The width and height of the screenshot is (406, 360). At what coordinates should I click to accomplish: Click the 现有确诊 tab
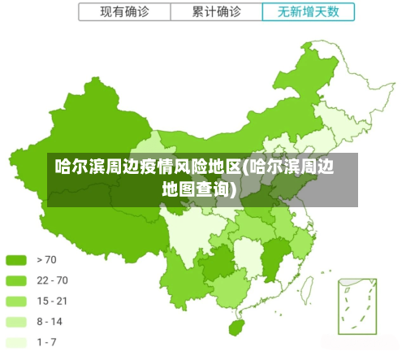click(x=124, y=12)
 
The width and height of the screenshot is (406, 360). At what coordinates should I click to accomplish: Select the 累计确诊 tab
click(x=216, y=12)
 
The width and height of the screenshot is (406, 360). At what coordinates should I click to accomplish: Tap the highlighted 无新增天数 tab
click(x=309, y=12)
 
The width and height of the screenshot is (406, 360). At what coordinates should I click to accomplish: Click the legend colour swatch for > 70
click(x=17, y=260)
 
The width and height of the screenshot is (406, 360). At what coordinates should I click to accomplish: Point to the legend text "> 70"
click(x=47, y=260)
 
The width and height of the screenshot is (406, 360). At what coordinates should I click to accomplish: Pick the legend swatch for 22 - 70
click(x=17, y=280)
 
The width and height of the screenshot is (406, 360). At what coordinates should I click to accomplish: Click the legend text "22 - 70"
click(x=52, y=280)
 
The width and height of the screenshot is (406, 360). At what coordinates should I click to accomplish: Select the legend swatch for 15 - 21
click(x=17, y=301)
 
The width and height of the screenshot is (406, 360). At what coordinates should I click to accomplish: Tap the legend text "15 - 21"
click(x=52, y=301)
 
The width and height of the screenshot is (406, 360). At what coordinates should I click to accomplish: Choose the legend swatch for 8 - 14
click(x=17, y=321)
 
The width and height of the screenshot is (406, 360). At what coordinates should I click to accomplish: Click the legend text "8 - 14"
click(x=50, y=321)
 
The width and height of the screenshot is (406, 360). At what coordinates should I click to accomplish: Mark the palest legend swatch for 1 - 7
click(x=17, y=341)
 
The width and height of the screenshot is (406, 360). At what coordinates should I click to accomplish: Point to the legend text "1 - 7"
click(x=47, y=341)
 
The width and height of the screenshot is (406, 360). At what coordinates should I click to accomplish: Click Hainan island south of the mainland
click(x=236, y=327)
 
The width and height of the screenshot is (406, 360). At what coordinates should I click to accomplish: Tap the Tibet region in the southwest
click(x=89, y=219)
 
